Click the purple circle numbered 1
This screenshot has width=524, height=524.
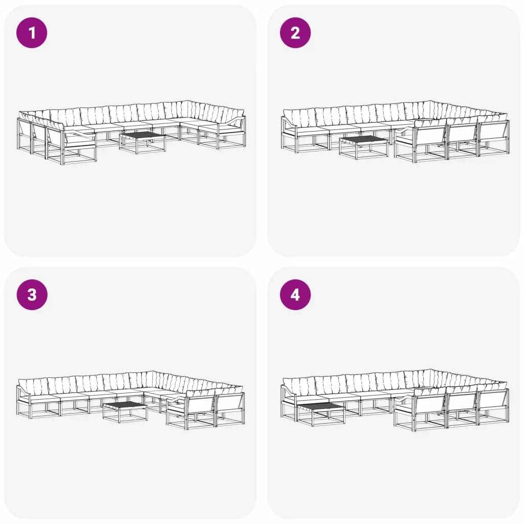[32, 33]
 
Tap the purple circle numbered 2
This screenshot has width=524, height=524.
[295, 33]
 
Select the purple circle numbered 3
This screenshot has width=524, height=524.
[32, 295]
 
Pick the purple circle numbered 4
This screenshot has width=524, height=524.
[295, 295]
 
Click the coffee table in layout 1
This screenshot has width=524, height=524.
[143, 142]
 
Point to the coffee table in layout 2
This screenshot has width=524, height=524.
[364, 147]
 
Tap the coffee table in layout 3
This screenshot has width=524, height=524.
[125, 412]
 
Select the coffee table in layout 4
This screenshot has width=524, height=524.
[321, 414]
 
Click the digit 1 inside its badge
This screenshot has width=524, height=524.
[32, 33]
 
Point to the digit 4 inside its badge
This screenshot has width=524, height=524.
[295, 295]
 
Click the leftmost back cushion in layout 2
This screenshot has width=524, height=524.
[299, 118]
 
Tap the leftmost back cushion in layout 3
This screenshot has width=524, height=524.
[33, 387]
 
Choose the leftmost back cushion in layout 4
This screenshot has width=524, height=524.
[299, 386]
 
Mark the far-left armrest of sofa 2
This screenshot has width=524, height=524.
[289, 122]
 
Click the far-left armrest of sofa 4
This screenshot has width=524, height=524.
[289, 391]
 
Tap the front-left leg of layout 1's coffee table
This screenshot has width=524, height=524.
[136, 146]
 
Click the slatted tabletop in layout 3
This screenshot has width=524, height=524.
[125, 405]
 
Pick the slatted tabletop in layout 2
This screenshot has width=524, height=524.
[364, 140]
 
